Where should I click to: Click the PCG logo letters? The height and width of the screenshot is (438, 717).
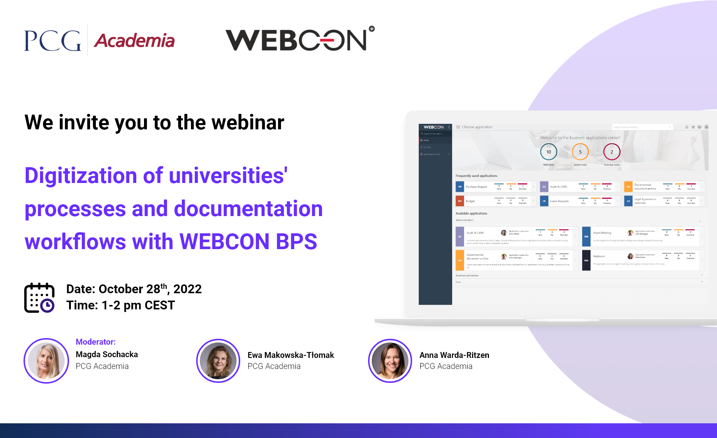53,40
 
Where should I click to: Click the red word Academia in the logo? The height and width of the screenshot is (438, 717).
134,41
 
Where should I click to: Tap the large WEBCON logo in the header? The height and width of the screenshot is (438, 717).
299,40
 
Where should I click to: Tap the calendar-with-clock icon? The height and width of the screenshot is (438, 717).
39,298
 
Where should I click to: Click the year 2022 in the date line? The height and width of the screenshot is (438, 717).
187,289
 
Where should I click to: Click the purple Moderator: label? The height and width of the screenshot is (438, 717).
96,342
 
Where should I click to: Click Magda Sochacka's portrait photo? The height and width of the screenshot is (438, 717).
46,361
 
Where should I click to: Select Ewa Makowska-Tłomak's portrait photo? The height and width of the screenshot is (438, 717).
218,361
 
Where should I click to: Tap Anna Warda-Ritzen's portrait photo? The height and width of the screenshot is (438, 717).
390,361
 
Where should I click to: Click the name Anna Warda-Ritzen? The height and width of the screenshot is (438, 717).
454,355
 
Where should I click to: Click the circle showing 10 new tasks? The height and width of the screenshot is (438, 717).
548,152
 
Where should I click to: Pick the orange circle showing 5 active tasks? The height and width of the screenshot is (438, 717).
580,152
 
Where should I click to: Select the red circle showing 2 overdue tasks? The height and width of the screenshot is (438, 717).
612,152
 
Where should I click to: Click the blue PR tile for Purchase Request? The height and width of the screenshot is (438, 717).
460,187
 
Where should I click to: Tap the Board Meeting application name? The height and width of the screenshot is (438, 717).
602,233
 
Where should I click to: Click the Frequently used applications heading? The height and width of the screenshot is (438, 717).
476,176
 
